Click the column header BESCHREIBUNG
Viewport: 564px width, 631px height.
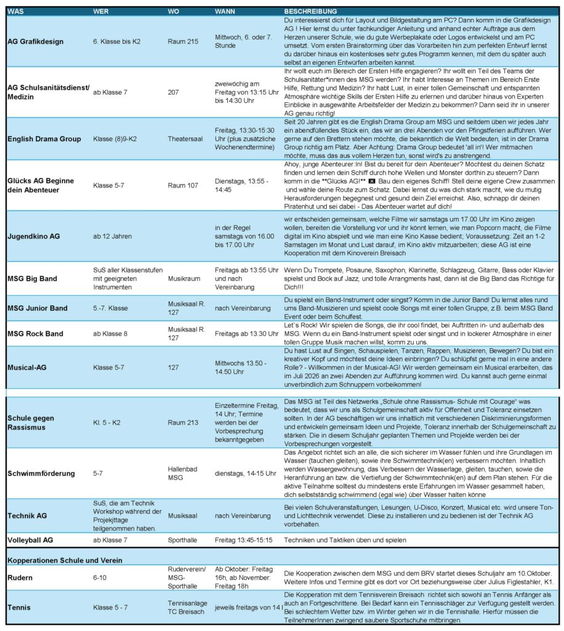tap(310, 11)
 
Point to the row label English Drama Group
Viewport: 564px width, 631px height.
tap(44, 139)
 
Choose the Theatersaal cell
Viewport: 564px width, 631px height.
tap(186, 139)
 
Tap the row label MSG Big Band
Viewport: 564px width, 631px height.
tap(32, 279)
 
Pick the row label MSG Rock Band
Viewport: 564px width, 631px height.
tap(35, 334)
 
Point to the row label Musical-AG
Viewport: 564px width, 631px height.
tap(27, 367)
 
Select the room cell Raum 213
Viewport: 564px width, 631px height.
tap(183, 423)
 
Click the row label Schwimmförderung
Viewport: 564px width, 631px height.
tap(41, 473)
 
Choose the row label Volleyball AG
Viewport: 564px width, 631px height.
tap(30, 540)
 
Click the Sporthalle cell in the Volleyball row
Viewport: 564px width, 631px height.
tap(183, 540)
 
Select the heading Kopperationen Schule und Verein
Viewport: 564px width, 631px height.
tap(64, 560)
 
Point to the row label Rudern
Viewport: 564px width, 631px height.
tap(20, 578)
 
